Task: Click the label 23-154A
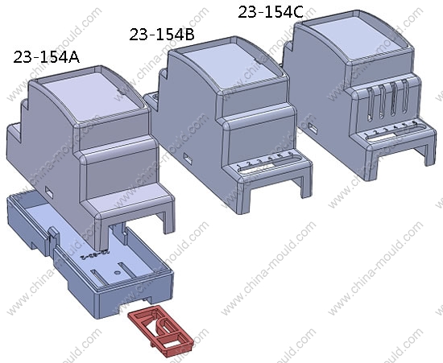pyautogui.click(x=47, y=57)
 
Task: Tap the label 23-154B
pyautogui.click(x=162, y=35)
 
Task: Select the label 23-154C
pyautogui.click(x=271, y=12)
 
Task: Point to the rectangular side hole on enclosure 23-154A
pyautogui.click(x=49, y=192)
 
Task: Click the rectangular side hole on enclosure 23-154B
pyautogui.click(x=188, y=159)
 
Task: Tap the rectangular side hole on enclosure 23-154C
pyautogui.click(x=313, y=128)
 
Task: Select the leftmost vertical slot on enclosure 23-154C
pyautogui.click(x=371, y=104)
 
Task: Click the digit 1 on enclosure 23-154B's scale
pyautogui.click(x=238, y=166)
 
